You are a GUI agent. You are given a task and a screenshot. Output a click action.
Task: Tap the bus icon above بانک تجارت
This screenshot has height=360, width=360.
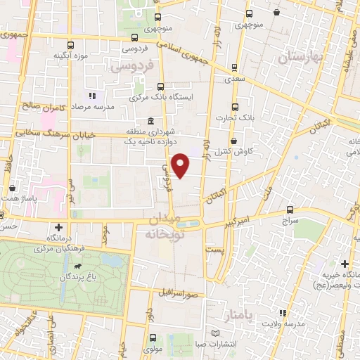click(235, 107)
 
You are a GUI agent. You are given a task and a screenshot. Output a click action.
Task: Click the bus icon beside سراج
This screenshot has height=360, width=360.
click(290, 210)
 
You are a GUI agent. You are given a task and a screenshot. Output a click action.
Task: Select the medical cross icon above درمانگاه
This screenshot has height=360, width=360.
click(60, 227)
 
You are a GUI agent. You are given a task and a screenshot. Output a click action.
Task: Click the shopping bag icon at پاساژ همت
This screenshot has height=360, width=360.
click(13, 189)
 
